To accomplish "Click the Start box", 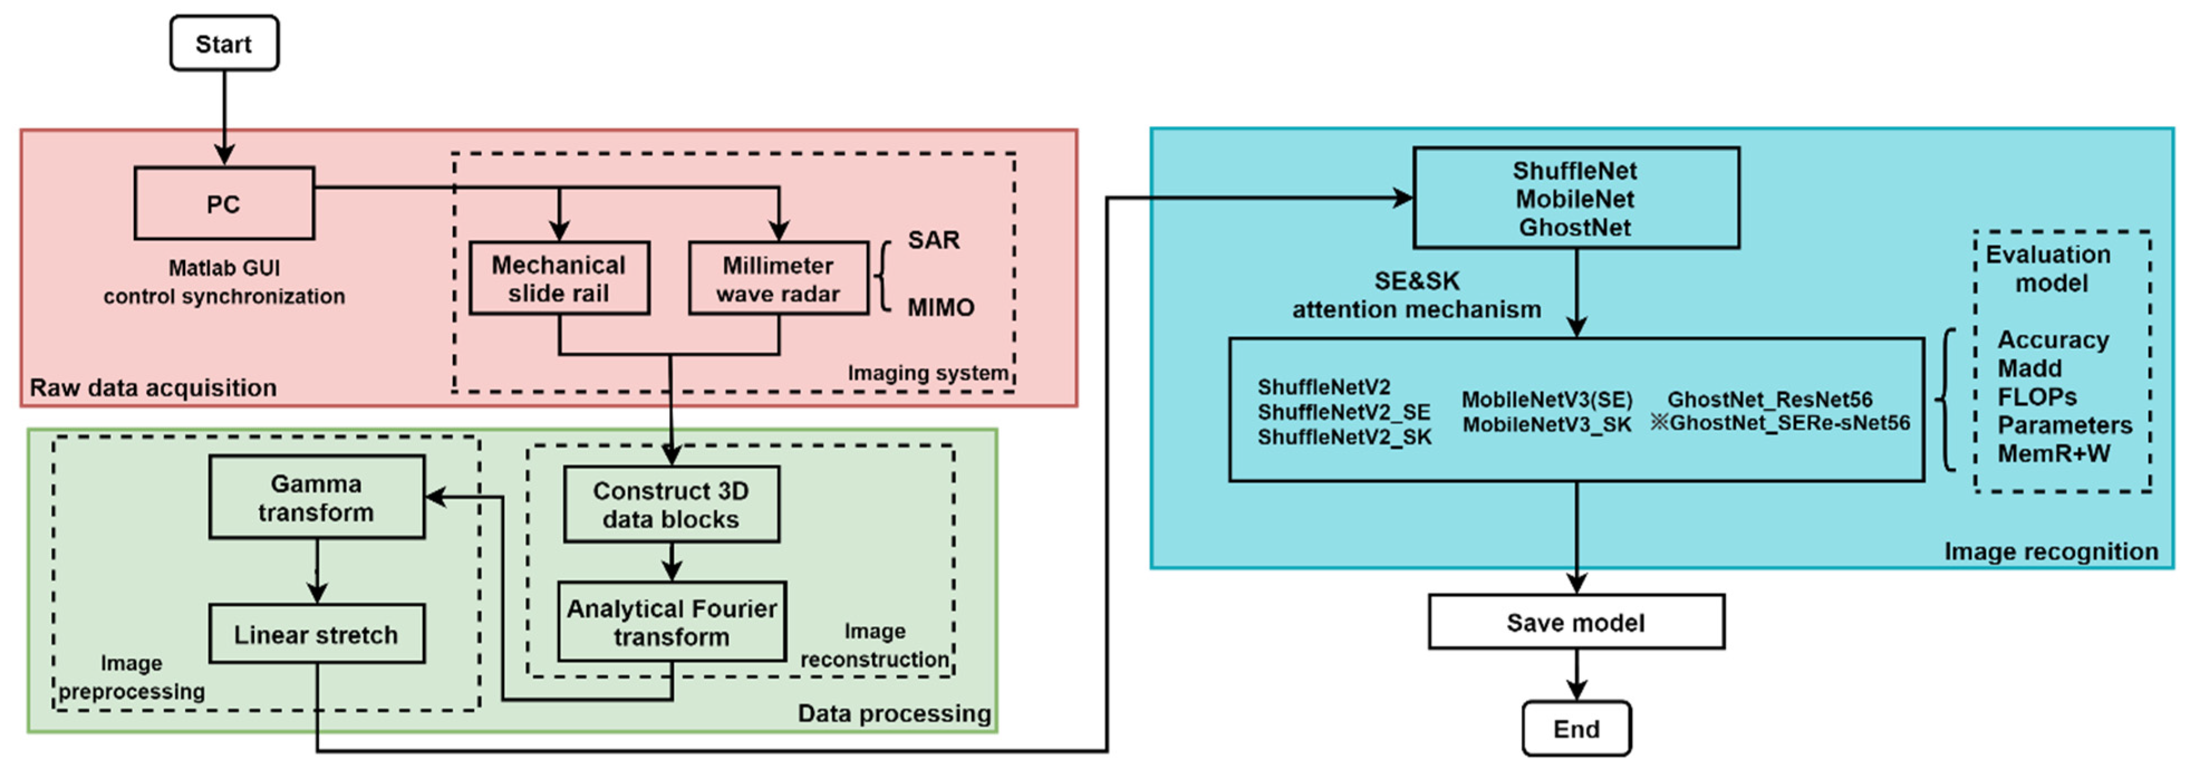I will pos(224,44).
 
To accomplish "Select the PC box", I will pos(224,204).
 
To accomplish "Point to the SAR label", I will pos(933,240).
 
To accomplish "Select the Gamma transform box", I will pos(316,498).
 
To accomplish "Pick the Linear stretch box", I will pos(316,634).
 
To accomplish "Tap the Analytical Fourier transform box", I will pos(671,621).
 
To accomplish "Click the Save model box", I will pos(1576,623).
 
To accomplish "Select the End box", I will pos(1576,728).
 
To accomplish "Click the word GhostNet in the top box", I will pos(1574,228).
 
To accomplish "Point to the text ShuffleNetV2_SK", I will pos(1344,437).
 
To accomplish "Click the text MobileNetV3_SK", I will pos(1547,424).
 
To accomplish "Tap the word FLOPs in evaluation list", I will pos(2036,397).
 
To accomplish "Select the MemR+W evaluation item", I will pos(2053,453).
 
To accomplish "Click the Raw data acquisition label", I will pos(153,388).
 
